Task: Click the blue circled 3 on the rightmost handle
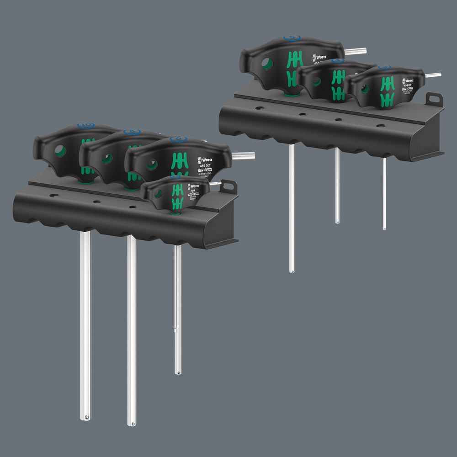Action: tap(383, 67)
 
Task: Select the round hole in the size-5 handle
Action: tap(267, 64)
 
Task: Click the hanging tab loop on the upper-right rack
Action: tap(434, 99)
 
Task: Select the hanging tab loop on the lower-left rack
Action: tap(228, 186)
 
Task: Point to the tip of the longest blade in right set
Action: tap(292, 271)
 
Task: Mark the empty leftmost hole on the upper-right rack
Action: tap(260, 108)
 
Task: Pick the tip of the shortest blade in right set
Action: tap(384, 227)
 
